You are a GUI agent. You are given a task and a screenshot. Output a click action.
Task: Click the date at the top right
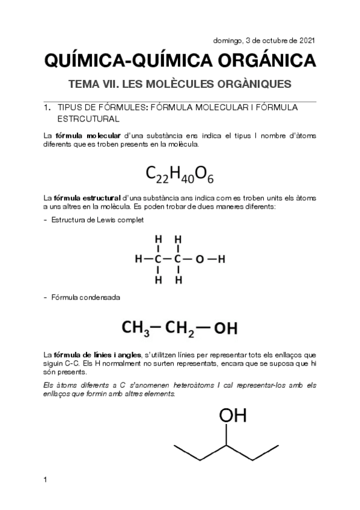pos(264,41)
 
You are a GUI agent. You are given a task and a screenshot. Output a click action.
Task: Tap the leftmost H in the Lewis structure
pos(139,260)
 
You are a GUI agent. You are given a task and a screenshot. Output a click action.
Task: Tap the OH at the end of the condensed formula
pos(226,328)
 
